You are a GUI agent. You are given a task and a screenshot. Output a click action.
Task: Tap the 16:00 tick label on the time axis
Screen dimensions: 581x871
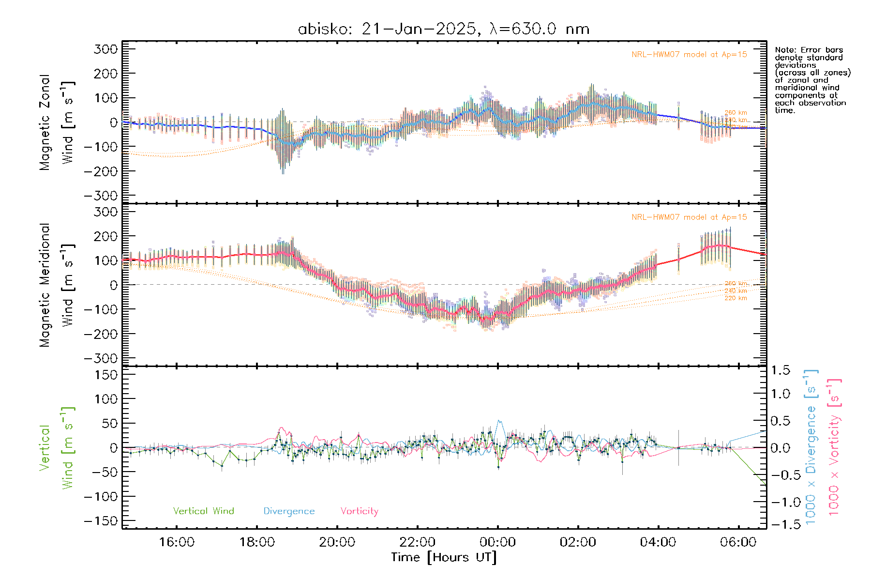pyautogui.click(x=177, y=542)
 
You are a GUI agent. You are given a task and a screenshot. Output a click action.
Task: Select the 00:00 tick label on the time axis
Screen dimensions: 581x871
pyautogui.click(x=497, y=542)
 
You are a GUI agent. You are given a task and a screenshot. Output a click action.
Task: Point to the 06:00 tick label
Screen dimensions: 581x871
pyautogui.click(x=738, y=542)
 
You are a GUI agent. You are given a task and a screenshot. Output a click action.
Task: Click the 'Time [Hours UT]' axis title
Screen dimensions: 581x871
pyautogui.click(x=444, y=557)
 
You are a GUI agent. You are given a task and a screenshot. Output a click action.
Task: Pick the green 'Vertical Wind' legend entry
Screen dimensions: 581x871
pyautogui.click(x=203, y=511)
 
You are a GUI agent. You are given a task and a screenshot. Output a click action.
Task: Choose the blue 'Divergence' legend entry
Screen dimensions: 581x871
pyautogui.click(x=289, y=511)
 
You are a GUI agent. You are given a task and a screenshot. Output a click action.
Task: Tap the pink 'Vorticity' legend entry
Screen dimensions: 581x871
pyautogui.click(x=359, y=511)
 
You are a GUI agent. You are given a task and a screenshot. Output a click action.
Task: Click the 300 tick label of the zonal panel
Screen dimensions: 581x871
pyautogui.click(x=106, y=49)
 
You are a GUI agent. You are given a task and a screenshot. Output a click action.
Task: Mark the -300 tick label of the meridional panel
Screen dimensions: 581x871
pyautogui.click(x=101, y=358)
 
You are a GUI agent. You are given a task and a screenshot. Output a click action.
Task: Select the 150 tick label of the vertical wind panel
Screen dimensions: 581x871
pyautogui.click(x=106, y=375)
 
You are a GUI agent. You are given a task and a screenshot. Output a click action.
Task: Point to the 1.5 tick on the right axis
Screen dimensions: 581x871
pyautogui.click(x=780, y=370)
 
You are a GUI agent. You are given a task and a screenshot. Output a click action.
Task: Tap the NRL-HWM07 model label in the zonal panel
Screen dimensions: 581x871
pyautogui.click(x=689, y=55)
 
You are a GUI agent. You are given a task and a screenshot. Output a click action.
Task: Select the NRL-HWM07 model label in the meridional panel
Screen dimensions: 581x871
pyautogui.click(x=689, y=217)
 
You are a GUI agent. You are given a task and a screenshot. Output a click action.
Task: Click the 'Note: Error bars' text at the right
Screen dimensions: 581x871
pyautogui.click(x=809, y=50)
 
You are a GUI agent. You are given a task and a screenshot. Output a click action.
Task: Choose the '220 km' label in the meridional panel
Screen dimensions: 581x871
pyautogui.click(x=736, y=298)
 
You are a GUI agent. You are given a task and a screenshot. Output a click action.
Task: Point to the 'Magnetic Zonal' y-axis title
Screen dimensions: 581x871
pyautogui.click(x=45, y=122)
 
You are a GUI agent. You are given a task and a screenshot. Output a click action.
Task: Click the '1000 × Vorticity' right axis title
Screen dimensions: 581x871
pyautogui.click(x=834, y=446)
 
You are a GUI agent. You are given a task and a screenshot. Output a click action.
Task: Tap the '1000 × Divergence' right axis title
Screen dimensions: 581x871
pyautogui.click(x=811, y=446)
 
